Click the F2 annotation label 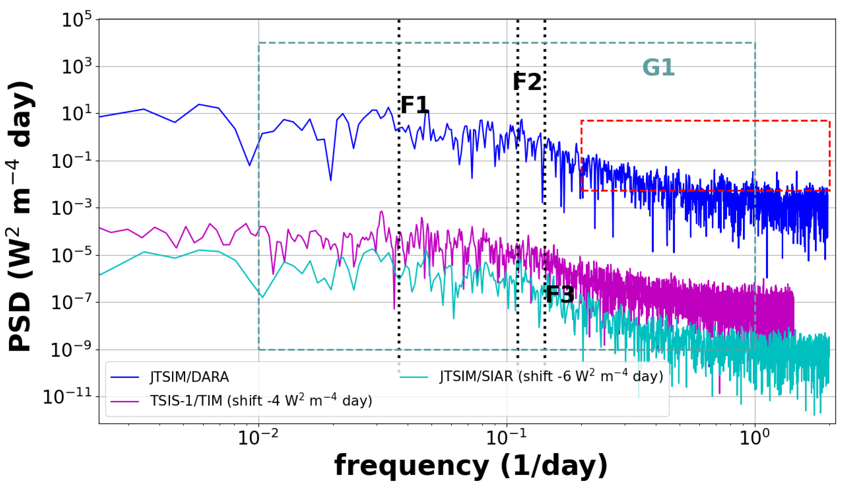pos(527,82)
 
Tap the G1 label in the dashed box pos(658,67)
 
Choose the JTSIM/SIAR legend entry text pos(551,376)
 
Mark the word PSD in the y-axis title pos(20,322)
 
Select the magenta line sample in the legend pos(125,401)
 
